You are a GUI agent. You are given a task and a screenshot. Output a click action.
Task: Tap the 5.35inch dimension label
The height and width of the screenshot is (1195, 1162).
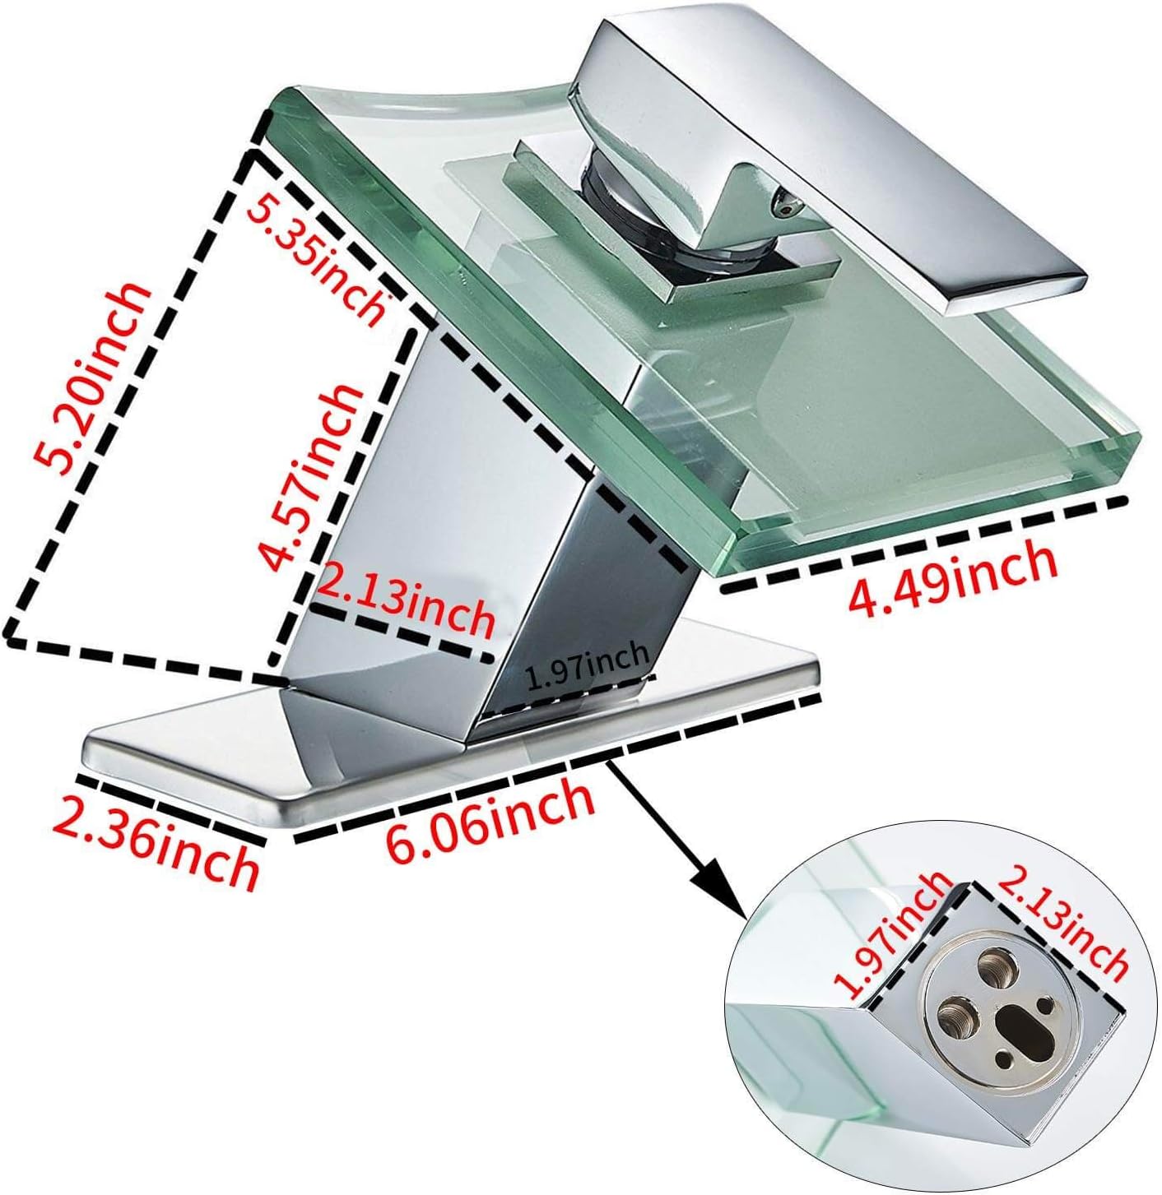click(318, 257)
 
